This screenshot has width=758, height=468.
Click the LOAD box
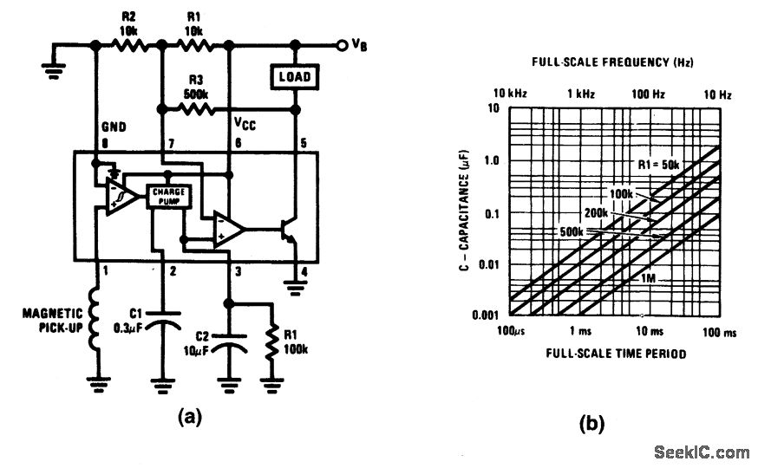point(294,77)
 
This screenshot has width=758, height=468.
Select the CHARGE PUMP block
point(164,196)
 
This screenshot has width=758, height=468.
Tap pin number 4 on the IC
point(304,271)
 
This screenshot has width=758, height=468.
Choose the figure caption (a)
point(190,417)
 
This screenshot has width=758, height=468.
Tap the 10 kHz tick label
point(511,93)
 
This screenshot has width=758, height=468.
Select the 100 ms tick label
point(716,333)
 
